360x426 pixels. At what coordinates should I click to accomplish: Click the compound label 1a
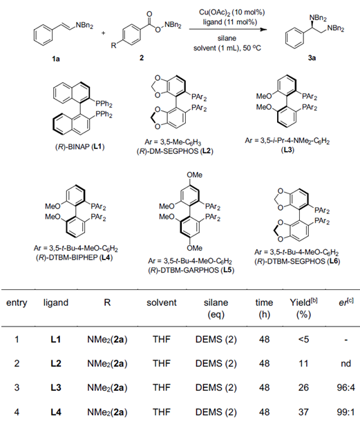[56, 59]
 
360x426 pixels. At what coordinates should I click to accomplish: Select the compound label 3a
[312, 57]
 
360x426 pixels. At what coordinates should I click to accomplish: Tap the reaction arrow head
[263, 29]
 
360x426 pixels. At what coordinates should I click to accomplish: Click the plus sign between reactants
[104, 33]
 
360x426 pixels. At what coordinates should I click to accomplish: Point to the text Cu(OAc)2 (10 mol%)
[232, 12]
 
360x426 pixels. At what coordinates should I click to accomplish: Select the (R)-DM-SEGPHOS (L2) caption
[175, 151]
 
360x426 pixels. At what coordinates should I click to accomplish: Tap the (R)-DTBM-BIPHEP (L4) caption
[74, 258]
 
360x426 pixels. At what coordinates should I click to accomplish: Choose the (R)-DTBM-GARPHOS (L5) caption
[191, 271]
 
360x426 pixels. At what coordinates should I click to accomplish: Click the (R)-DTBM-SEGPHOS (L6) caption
[297, 262]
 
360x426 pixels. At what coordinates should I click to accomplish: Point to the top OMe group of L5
[195, 175]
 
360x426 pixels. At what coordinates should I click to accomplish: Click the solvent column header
[162, 302]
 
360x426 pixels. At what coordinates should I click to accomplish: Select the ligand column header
[56, 302]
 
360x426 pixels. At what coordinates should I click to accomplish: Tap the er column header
[346, 302]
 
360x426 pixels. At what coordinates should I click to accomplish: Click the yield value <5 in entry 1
[303, 339]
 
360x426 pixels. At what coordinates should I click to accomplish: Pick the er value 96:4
[346, 387]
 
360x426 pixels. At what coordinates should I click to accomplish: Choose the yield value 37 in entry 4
[303, 412]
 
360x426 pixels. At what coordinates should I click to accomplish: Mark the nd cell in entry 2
[346, 363]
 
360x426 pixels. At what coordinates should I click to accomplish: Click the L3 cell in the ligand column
[56, 387]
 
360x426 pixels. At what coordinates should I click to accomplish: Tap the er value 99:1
[346, 412]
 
